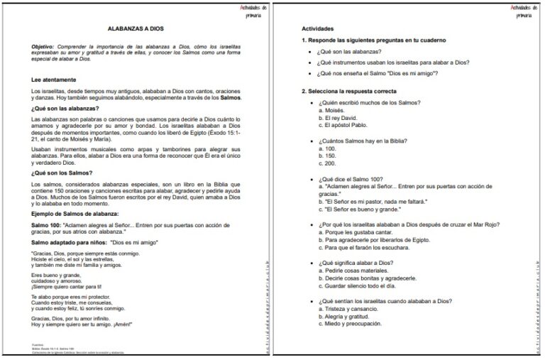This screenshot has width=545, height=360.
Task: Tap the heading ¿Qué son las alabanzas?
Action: [x=65, y=108]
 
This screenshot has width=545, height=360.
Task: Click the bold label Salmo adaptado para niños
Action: [x=75, y=243]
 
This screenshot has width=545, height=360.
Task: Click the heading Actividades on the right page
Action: [x=317, y=28]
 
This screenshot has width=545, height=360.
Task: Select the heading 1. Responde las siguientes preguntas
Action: [x=367, y=40]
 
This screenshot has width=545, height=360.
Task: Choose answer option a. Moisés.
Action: [x=334, y=111]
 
